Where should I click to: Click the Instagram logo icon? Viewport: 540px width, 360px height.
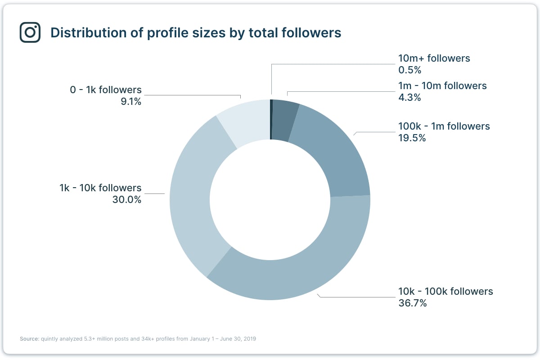(30, 32)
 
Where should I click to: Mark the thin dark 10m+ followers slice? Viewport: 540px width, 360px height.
(271, 119)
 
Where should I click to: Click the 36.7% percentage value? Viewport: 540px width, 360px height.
(412, 303)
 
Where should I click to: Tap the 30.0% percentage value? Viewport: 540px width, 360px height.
(127, 200)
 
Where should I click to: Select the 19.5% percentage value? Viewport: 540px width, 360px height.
(412, 138)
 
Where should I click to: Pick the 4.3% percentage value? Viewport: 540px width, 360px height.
(409, 98)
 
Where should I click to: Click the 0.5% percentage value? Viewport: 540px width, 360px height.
(409, 70)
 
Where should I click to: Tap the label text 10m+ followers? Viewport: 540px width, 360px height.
(434, 58)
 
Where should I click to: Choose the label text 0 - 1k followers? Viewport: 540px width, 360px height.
(106, 90)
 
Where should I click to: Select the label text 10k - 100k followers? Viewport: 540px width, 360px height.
(445, 291)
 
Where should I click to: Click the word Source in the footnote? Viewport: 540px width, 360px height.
(29, 339)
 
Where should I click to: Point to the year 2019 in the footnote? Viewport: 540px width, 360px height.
(249, 339)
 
